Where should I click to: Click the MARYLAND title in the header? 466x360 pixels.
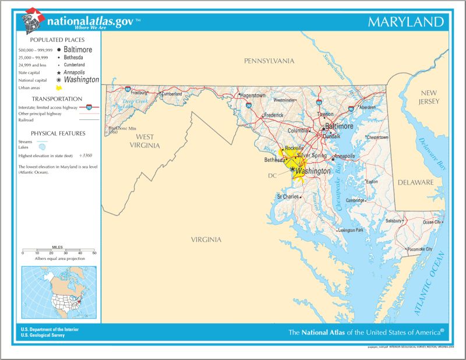pyautogui.click(x=406, y=23)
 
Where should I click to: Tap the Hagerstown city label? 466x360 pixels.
pyautogui.click(x=253, y=95)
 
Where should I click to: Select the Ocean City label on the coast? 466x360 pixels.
pyautogui.click(x=432, y=222)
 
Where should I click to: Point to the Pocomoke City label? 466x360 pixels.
pyautogui.click(x=420, y=249)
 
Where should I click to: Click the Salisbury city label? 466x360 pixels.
pyautogui.click(x=394, y=221)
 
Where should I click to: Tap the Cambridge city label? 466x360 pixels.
pyautogui.click(x=355, y=200)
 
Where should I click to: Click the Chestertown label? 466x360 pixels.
pyautogui.click(x=377, y=137)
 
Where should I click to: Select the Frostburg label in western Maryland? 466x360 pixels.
pyautogui.click(x=139, y=93)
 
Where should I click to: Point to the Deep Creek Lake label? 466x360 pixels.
pyautogui.click(x=136, y=103)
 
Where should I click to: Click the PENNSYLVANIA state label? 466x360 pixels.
pyautogui.click(x=269, y=61)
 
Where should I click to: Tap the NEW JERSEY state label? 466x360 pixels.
pyautogui.click(x=428, y=97)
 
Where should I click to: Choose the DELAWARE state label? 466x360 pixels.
pyautogui.click(x=415, y=182)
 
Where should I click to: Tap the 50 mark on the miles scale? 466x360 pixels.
pyautogui.click(x=94, y=253)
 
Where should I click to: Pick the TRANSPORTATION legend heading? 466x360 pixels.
pyautogui.click(x=57, y=99)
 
